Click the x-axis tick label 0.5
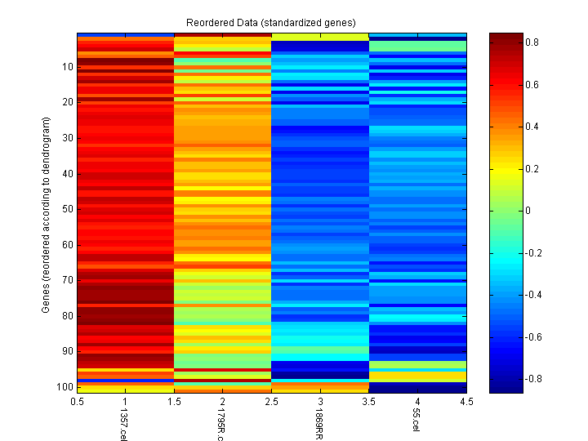[78, 402]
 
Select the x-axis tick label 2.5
[272, 402]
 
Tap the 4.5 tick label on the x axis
[466, 402]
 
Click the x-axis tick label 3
[320, 402]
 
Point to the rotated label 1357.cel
[124, 425]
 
